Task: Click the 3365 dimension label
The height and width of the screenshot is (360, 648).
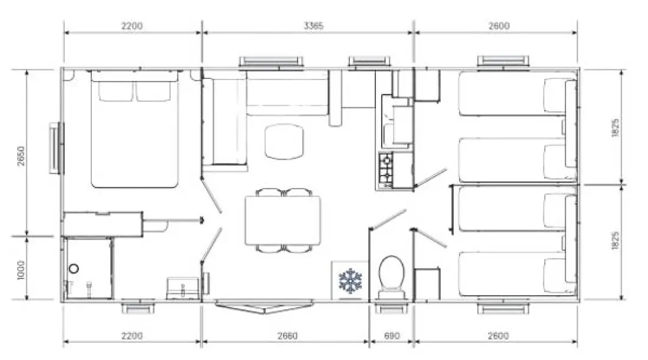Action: [313, 25]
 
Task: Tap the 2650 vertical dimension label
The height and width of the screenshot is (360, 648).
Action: [21, 156]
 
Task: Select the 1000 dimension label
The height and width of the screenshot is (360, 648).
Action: [21, 270]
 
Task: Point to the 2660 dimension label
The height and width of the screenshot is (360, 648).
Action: [287, 336]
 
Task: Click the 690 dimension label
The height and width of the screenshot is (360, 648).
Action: [392, 336]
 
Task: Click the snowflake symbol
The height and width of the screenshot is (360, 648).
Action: [351, 281]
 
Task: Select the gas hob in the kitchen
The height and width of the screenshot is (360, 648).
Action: [386, 170]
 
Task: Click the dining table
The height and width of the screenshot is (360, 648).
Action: [283, 220]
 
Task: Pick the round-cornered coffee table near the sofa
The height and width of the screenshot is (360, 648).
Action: [284, 142]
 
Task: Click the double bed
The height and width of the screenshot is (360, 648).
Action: [135, 129]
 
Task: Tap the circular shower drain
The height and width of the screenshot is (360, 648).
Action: [74, 269]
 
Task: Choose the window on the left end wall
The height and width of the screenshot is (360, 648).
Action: [57, 147]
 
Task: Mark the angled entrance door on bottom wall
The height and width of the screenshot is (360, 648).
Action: [263, 307]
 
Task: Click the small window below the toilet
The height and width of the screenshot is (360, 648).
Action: [391, 309]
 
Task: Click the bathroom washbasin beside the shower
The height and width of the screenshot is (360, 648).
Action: [182, 288]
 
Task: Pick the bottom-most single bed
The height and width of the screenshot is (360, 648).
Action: [517, 274]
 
